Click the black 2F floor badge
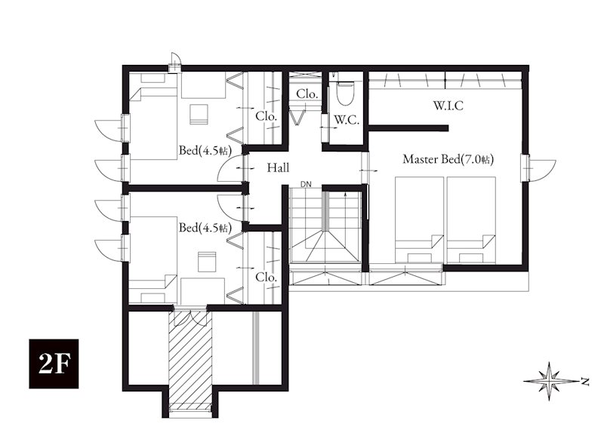[x=54, y=364]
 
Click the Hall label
[x=278, y=167]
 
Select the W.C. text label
[x=347, y=120]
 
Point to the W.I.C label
[x=448, y=106]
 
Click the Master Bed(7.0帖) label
[x=448, y=159]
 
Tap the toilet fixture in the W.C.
[x=344, y=91]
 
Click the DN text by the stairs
[x=307, y=185]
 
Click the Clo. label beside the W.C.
[x=307, y=94]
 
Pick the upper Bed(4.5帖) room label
[x=205, y=150]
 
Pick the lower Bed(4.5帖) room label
[x=205, y=228]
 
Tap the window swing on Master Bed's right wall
[x=542, y=167]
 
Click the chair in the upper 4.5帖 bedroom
[x=199, y=114]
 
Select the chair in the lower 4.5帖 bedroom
[x=207, y=262]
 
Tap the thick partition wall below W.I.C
[x=408, y=128]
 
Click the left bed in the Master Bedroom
[x=419, y=220]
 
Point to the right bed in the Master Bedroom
[x=470, y=220]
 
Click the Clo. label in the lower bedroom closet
[x=267, y=277]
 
